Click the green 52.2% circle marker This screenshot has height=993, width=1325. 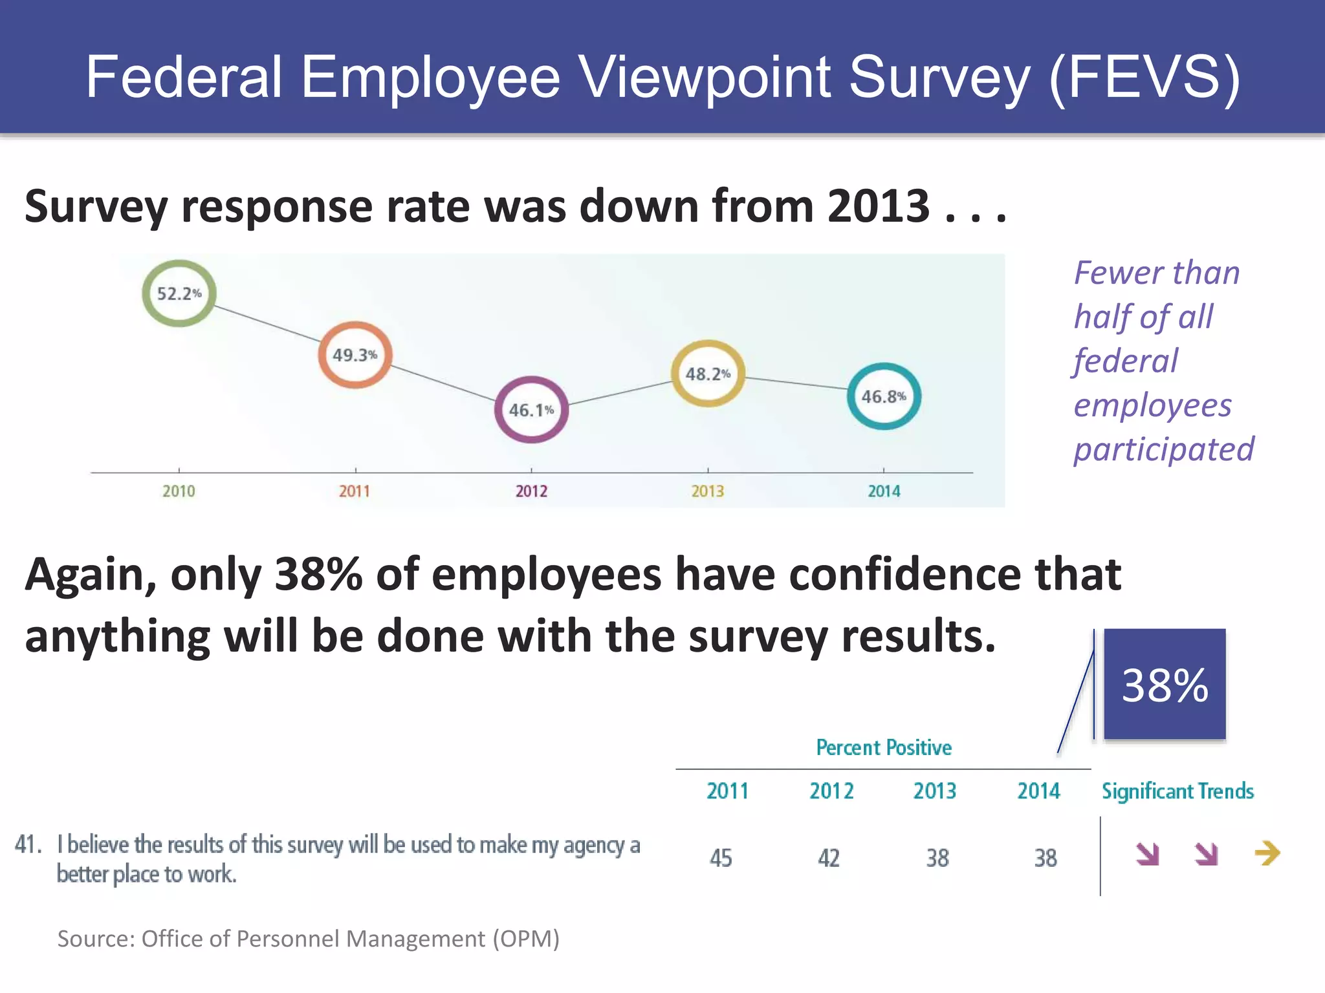pyautogui.click(x=179, y=294)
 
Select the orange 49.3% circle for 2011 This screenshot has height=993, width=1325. pyautogui.click(x=355, y=355)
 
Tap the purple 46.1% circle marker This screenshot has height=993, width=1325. pyautogui.click(x=531, y=410)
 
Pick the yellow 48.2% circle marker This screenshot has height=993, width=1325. pyautogui.click(x=708, y=374)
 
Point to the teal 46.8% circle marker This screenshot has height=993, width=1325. pyautogui.click(x=884, y=396)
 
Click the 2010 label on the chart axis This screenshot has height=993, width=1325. pyautogui.click(x=179, y=491)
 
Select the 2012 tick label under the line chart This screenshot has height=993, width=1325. pyautogui.click(x=531, y=491)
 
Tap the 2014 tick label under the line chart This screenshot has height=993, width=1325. pyautogui.click(x=884, y=491)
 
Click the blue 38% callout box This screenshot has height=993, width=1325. pyautogui.click(x=1165, y=684)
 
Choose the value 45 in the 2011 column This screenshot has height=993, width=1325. pyautogui.click(x=721, y=858)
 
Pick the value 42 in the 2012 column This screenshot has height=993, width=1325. pyautogui.click(x=829, y=858)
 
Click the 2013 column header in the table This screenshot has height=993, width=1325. pyautogui.click(x=935, y=791)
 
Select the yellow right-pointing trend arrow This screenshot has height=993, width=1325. pyautogui.click(x=1267, y=853)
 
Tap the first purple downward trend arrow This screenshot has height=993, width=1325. pyautogui.click(x=1148, y=854)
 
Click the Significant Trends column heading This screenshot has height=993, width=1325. pyautogui.click(x=1177, y=791)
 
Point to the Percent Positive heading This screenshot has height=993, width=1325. pyautogui.click(x=884, y=747)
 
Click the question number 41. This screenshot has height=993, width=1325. pyautogui.click(x=28, y=844)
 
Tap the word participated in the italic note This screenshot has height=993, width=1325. pyautogui.click(x=1163, y=449)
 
